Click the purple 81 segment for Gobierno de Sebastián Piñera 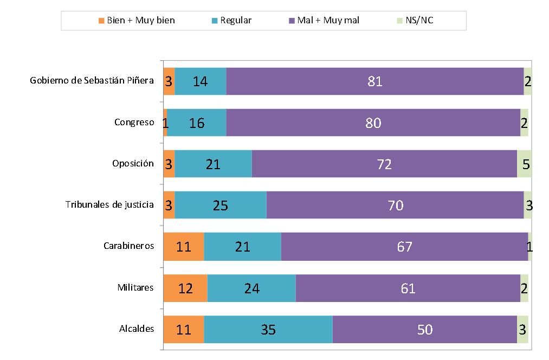point(375,81)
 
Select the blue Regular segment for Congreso point(197,123)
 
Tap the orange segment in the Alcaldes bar point(184,329)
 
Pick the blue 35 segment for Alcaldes point(268,329)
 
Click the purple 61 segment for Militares point(408,288)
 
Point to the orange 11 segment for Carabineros point(184,247)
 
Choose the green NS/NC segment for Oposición point(524,164)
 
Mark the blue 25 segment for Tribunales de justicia point(221,205)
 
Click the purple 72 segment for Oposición point(384,164)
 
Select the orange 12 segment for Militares point(185,288)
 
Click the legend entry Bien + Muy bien point(136,21)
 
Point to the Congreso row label point(134,123)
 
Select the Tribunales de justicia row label point(109,205)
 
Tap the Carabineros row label point(129,247)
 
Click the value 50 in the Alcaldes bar point(425,329)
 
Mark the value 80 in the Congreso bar point(373,123)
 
